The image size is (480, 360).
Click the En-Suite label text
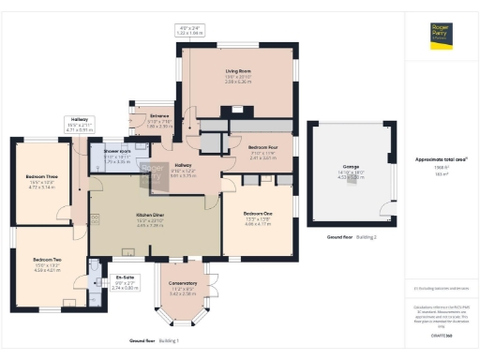(x=125, y=278)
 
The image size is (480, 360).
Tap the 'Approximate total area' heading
(x=441, y=159)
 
